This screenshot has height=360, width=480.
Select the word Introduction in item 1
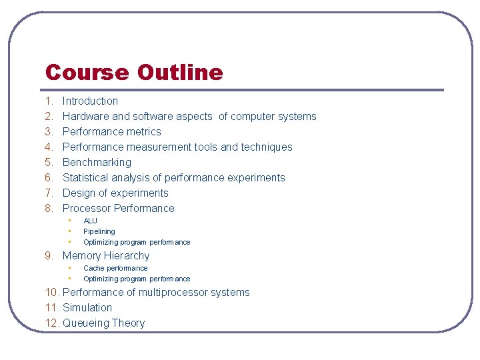point(90,101)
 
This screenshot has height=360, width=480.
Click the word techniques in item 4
point(267,147)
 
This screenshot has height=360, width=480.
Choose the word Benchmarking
point(97,163)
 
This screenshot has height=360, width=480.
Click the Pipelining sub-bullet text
point(99,232)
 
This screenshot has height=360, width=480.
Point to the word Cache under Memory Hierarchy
point(93,269)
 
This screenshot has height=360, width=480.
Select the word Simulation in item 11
point(87,308)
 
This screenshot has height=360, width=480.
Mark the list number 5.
point(49,163)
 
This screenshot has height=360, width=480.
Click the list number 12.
point(52,323)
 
